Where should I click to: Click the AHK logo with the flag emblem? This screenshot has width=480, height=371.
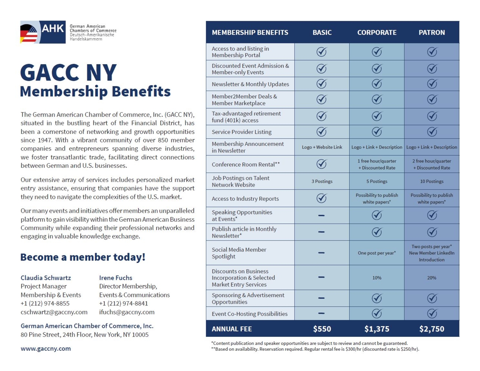coord(43,32)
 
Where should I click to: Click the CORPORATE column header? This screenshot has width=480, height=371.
coord(376,33)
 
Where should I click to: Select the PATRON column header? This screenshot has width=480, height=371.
coord(432,33)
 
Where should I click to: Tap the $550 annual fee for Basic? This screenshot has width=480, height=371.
coord(322,329)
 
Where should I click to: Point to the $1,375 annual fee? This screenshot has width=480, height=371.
coord(377,329)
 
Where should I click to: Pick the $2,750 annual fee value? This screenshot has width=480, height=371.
coord(432,329)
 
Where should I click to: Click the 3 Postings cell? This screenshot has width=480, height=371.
coord(322,181)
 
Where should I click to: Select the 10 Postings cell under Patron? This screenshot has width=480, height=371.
coord(432,181)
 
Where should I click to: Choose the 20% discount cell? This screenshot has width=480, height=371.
coord(432,278)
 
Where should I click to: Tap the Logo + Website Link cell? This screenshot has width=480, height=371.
coord(322,147)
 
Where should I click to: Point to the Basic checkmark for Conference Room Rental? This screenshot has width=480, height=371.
coord(322,164)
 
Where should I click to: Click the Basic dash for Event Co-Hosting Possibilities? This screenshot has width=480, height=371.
coord(322,313)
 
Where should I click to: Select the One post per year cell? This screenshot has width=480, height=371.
coord(377,253)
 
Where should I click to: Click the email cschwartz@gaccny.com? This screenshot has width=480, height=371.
coord(54,312)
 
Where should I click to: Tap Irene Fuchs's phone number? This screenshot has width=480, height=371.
coord(123,303)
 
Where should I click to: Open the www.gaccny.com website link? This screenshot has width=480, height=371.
coord(46,348)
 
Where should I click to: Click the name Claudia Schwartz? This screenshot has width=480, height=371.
coord(46,278)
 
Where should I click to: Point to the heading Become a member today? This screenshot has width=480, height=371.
coord(83,257)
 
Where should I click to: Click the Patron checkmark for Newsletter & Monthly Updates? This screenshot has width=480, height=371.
coord(432,84)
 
